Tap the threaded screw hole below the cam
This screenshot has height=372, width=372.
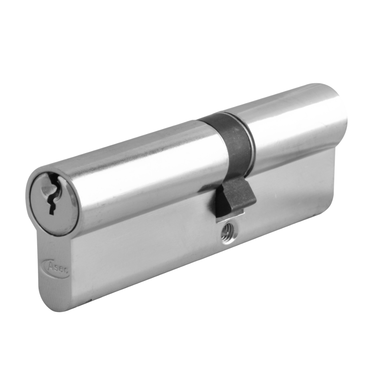(x=225, y=237)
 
